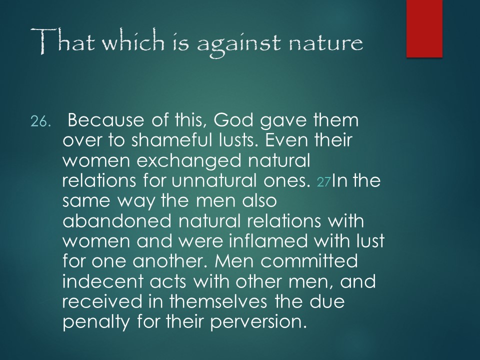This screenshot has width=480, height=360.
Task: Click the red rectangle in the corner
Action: [x=424, y=28]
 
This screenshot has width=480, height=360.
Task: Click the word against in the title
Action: [x=238, y=44]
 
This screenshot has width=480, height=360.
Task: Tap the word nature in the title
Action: [x=326, y=43]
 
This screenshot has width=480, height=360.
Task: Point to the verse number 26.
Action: [x=39, y=122]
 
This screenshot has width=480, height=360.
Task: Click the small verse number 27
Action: [x=324, y=182]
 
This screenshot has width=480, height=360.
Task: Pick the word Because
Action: [x=105, y=119]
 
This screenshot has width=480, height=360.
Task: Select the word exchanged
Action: [x=189, y=161]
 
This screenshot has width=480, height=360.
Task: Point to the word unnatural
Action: [x=214, y=180]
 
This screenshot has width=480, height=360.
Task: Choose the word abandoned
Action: [x=116, y=220]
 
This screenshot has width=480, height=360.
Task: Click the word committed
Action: [x=309, y=261]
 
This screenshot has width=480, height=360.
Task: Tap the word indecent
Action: [x=102, y=281]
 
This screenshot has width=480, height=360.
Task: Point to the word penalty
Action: [x=96, y=322]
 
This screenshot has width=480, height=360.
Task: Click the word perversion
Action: [x=258, y=322]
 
